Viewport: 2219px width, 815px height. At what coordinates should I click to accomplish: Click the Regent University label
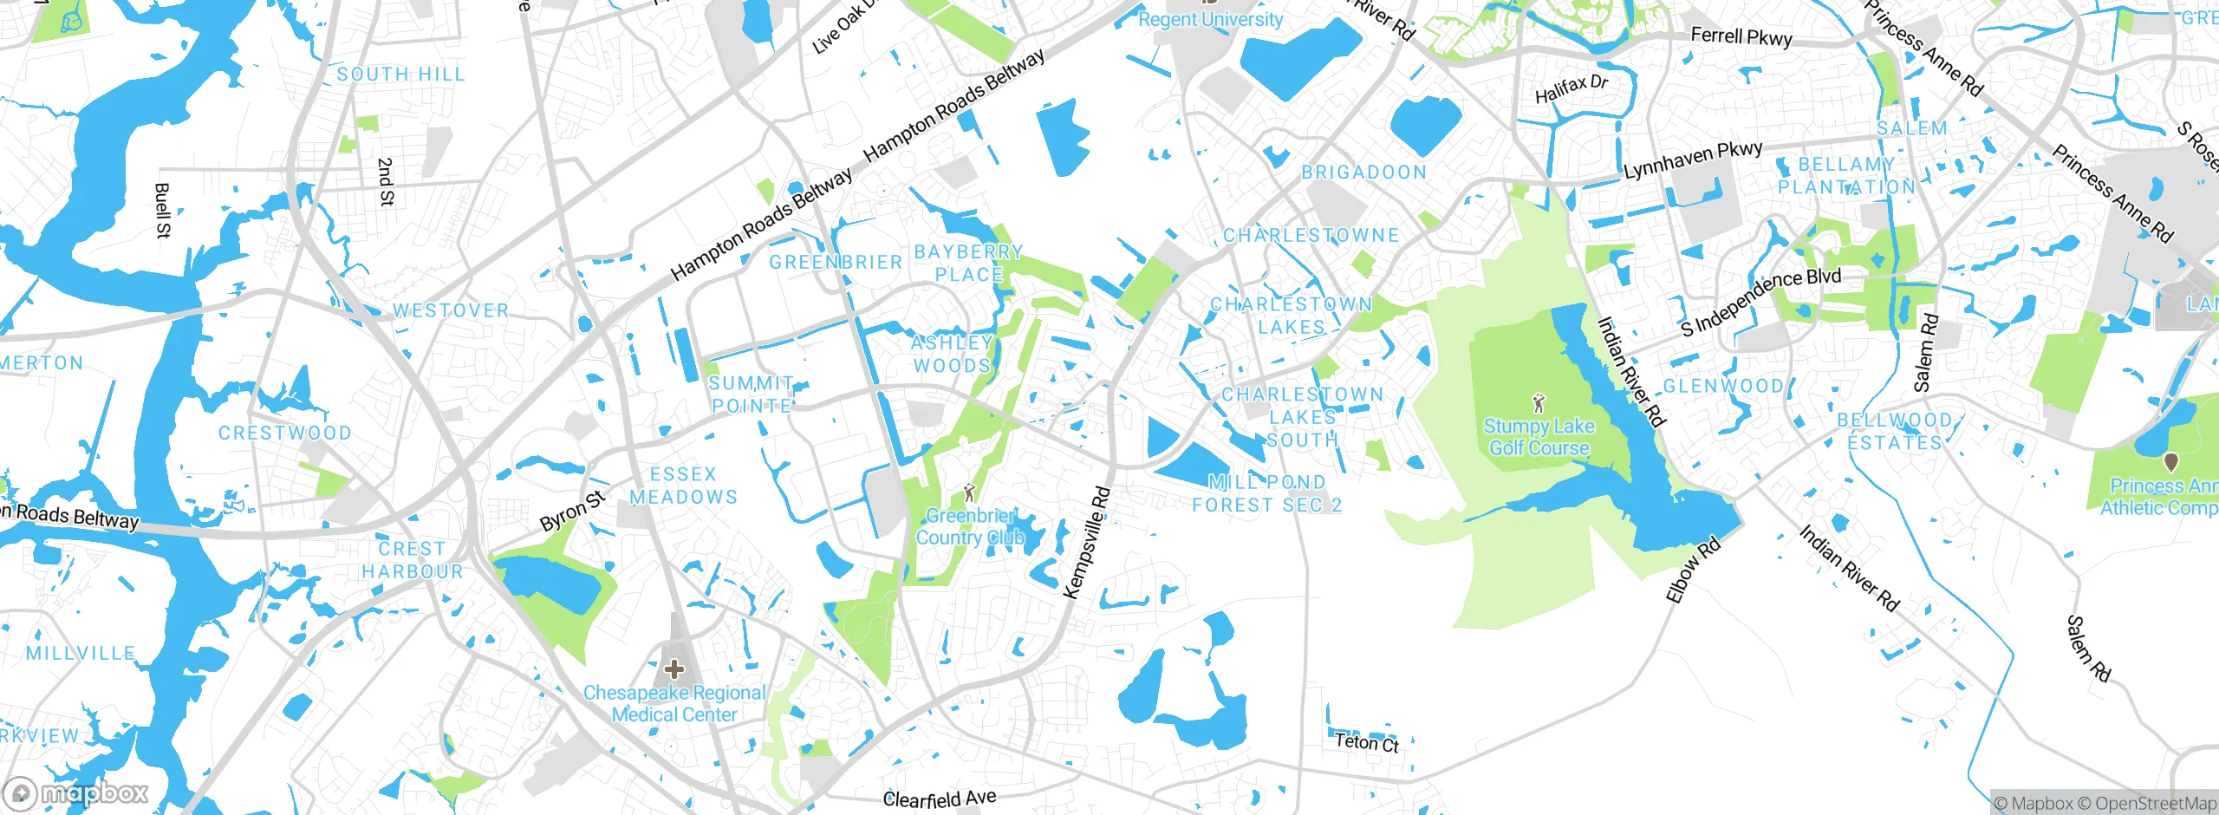pos(1210,19)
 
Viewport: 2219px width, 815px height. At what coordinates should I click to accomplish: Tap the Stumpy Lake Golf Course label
pos(1539,437)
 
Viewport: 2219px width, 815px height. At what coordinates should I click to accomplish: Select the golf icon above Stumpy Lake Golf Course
pos(1539,403)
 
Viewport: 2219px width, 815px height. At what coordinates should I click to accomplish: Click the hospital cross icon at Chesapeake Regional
pos(674,669)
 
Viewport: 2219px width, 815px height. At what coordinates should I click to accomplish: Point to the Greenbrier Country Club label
pos(970,526)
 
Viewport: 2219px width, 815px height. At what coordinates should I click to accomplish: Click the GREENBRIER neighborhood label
pos(836,262)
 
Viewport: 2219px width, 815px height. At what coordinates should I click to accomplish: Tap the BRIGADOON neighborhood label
pos(1363,172)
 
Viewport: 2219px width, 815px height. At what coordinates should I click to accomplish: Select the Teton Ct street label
pos(1366,742)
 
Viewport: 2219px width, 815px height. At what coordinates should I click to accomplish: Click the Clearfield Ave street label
pos(939,798)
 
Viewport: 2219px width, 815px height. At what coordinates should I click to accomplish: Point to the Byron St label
pos(572,511)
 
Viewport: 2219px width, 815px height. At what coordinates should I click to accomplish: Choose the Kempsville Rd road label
pos(1086,543)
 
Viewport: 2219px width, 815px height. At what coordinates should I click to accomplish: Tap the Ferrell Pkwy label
pos(1741,36)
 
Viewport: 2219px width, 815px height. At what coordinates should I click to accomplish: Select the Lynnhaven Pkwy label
pos(1692,160)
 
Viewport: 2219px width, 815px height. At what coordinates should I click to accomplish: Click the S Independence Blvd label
pos(1760,302)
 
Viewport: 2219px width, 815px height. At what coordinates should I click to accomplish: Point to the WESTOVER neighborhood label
pos(451,310)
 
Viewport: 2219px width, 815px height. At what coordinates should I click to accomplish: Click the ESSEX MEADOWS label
pos(683,486)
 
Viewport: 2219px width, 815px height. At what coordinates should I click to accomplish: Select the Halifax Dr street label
pos(1571,88)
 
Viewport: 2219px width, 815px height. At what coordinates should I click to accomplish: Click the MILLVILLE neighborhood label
pos(80,653)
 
